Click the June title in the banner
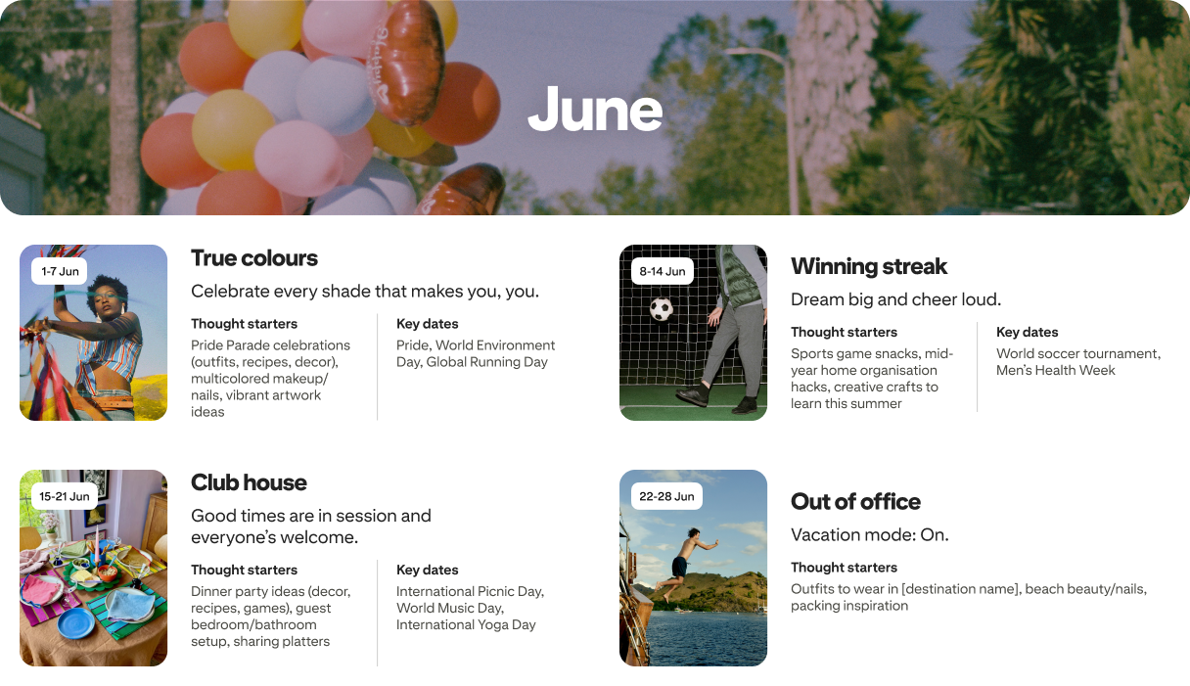(595, 110)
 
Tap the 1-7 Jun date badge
(60, 271)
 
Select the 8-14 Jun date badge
(663, 271)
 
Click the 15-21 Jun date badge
(65, 496)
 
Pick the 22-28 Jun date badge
(666, 496)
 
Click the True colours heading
(254, 258)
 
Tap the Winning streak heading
(869, 266)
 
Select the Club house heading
(249, 482)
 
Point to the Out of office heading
(855, 502)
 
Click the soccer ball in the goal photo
(662, 309)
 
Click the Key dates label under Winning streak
(1027, 332)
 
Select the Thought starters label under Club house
(244, 570)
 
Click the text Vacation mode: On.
(869, 535)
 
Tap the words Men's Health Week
(1055, 370)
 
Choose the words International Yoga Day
(465, 624)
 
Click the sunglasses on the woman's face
(106, 292)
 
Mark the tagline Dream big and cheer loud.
(895, 299)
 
